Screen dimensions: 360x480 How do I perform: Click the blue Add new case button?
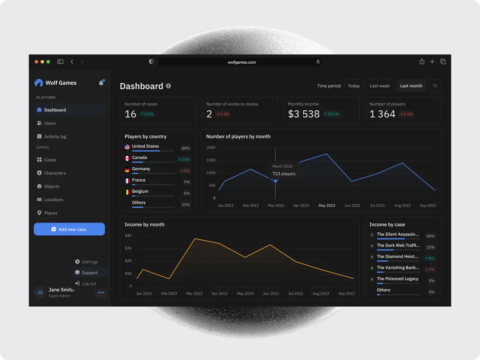(x=69, y=229)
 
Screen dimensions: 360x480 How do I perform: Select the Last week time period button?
(x=379, y=86)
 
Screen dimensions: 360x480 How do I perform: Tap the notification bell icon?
(x=101, y=83)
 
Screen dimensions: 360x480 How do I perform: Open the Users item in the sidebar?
(x=50, y=123)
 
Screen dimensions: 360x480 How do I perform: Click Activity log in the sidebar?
(x=55, y=137)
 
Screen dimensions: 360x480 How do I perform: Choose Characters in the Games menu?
(x=55, y=173)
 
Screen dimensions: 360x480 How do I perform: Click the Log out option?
(x=89, y=284)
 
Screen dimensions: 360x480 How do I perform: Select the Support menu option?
(x=89, y=273)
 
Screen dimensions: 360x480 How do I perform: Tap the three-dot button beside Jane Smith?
(x=101, y=292)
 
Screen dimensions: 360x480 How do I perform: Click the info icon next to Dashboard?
(x=169, y=86)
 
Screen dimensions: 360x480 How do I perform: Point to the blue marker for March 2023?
(x=276, y=181)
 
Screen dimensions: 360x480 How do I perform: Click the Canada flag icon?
(x=127, y=159)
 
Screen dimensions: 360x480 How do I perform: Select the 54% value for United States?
(x=185, y=148)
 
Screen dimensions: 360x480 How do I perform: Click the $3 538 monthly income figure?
(x=304, y=114)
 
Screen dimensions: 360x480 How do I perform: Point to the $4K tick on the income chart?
(x=128, y=236)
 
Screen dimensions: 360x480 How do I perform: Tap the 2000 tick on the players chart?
(x=211, y=148)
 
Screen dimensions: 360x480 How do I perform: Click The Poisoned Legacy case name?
(x=397, y=279)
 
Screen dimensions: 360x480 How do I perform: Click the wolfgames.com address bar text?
(x=242, y=62)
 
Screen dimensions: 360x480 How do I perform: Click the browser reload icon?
(x=318, y=62)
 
